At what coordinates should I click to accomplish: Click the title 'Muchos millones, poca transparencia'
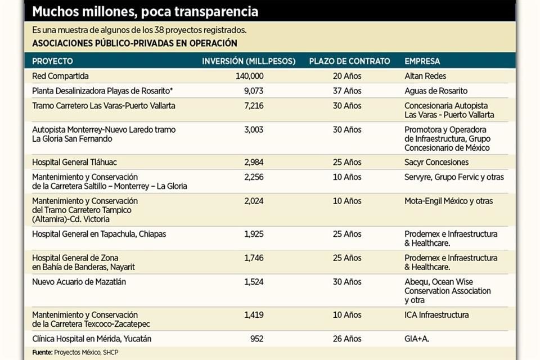pyautogui.click(x=146, y=11)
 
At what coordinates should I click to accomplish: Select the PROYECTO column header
pyautogui.click(x=52, y=61)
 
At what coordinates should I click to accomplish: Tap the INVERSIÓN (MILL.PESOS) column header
pyautogui.click(x=249, y=61)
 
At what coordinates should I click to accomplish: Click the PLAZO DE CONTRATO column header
pyautogui.click(x=349, y=61)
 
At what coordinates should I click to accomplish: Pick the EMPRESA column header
pyautogui.click(x=422, y=61)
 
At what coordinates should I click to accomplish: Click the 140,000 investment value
pyautogui.click(x=249, y=76)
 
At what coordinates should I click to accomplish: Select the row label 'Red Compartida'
pyautogui.click(x=61, y=76)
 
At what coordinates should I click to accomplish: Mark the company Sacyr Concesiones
pyautogui.click(x=436, y=162)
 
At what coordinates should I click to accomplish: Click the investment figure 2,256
pyautogui.click(x=254, y=177)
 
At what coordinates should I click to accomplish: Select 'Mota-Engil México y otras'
pyautogui.click(x=449, y=201)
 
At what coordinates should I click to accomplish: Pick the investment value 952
pyautogui.click(x=256, y=339)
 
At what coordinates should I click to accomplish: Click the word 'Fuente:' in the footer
pyautogui.click(x=42, y=353)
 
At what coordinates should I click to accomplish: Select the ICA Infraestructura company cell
pyautogui.click(x=436, y=315)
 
